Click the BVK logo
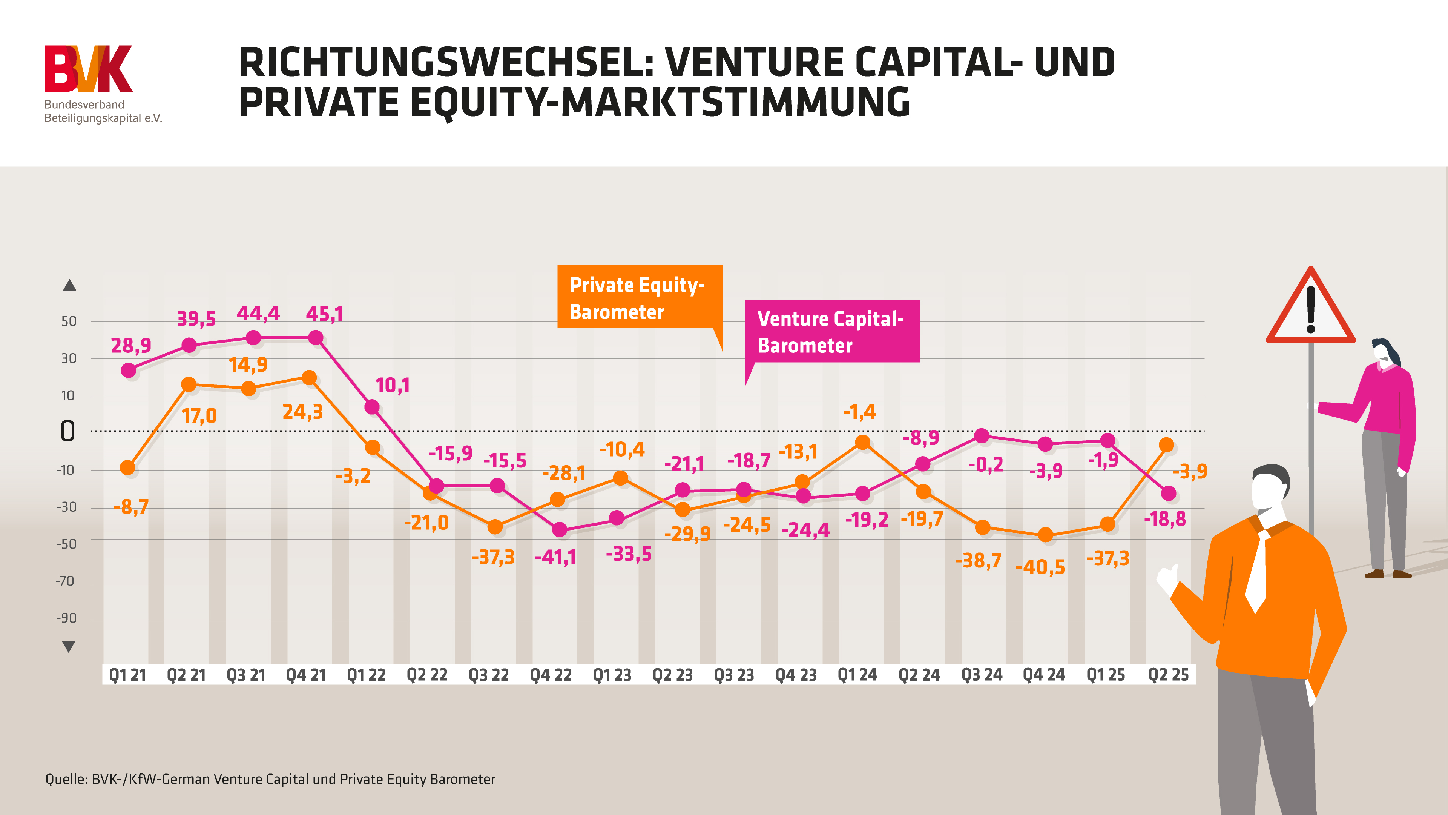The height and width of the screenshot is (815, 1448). click(89, 69)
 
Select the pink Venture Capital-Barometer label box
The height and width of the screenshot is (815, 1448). click(832, 331)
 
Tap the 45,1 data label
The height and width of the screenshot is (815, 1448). click(324, 314)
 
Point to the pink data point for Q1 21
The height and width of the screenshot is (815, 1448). click(129, 370)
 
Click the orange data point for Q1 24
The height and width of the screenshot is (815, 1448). click(863, 443)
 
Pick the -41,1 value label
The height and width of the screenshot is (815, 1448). click(555, 557)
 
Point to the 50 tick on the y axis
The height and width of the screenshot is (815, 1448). click(69, 321)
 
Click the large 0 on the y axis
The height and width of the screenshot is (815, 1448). click(67, 431)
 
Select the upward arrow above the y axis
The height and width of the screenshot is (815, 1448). click(69, 285)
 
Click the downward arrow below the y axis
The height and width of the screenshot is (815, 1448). click(69, 647)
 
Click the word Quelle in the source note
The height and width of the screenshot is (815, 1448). click(66, 779)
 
